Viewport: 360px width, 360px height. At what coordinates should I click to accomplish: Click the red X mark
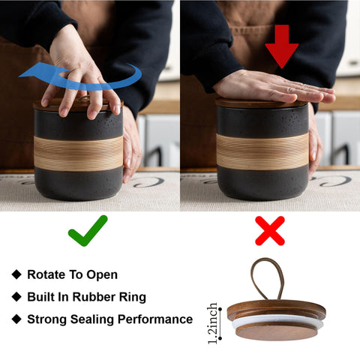pyautogui.click(x=270, y=231)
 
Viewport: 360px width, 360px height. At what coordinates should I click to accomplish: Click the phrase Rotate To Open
pyautogui.click(x=72, y=274)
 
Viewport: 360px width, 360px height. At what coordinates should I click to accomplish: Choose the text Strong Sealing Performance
pyautogui.click(x=109, y=319)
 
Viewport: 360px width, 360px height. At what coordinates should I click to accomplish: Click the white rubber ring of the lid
pyautogui.click(x=277, y=321)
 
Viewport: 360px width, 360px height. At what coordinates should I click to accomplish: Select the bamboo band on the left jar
pyautogui.click(x=79, y=152)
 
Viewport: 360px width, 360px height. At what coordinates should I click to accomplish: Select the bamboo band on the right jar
pyautogui.click(x=262, y=151)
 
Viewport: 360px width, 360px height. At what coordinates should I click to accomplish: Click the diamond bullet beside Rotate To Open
pyautogui.click(x=16, y=274)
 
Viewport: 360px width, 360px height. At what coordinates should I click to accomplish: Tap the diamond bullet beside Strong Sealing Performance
pyautogui.click(x=16, y=319)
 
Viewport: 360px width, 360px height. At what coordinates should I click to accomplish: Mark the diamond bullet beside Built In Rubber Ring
pyautogui.click(x=16, y=297)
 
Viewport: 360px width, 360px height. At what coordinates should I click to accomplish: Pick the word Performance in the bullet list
pyautogui.click(x=157, y=319)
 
